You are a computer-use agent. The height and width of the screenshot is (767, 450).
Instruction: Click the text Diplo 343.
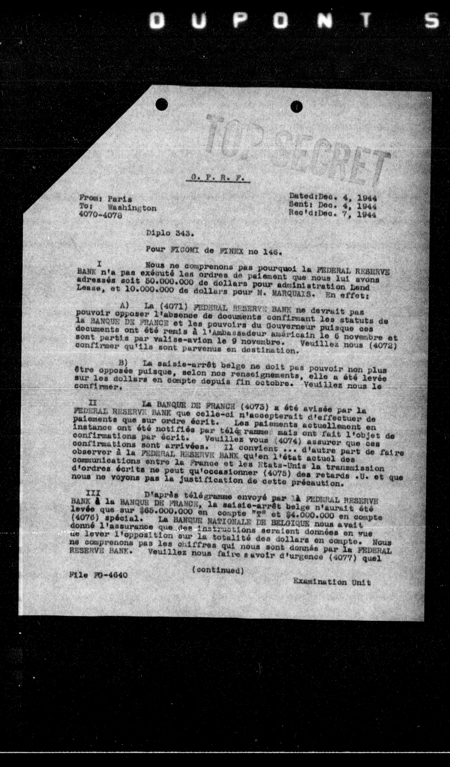[168, 234]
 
